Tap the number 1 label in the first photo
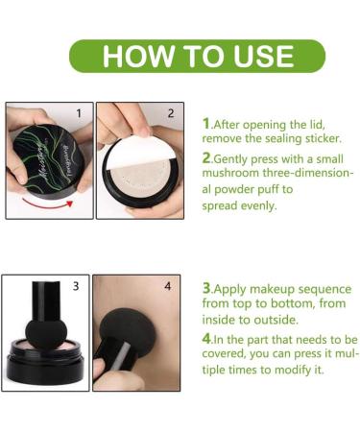tap(82, 113)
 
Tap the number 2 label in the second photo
tap(170, 113)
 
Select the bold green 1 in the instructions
tap(206, 123)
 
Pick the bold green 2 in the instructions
tap(207, 158)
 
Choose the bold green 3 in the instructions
tap(206, 287)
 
